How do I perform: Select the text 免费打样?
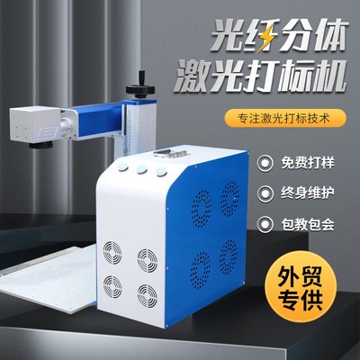point(308,164)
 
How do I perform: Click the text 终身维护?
point(308,193)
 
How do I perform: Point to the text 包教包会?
point(308,224)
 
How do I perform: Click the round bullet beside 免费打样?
point(265,164)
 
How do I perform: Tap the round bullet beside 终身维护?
point(265,193)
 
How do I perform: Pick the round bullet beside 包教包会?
point(265,224)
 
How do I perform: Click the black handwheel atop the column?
point(141,87)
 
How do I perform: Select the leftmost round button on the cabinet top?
point(123,166)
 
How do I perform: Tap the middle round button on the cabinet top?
point(141,169)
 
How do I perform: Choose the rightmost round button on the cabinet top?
point(161,172)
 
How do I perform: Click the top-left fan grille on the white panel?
point(112,253)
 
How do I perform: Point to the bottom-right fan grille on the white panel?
point(147,296)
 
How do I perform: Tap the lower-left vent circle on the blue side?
point(201,269)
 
